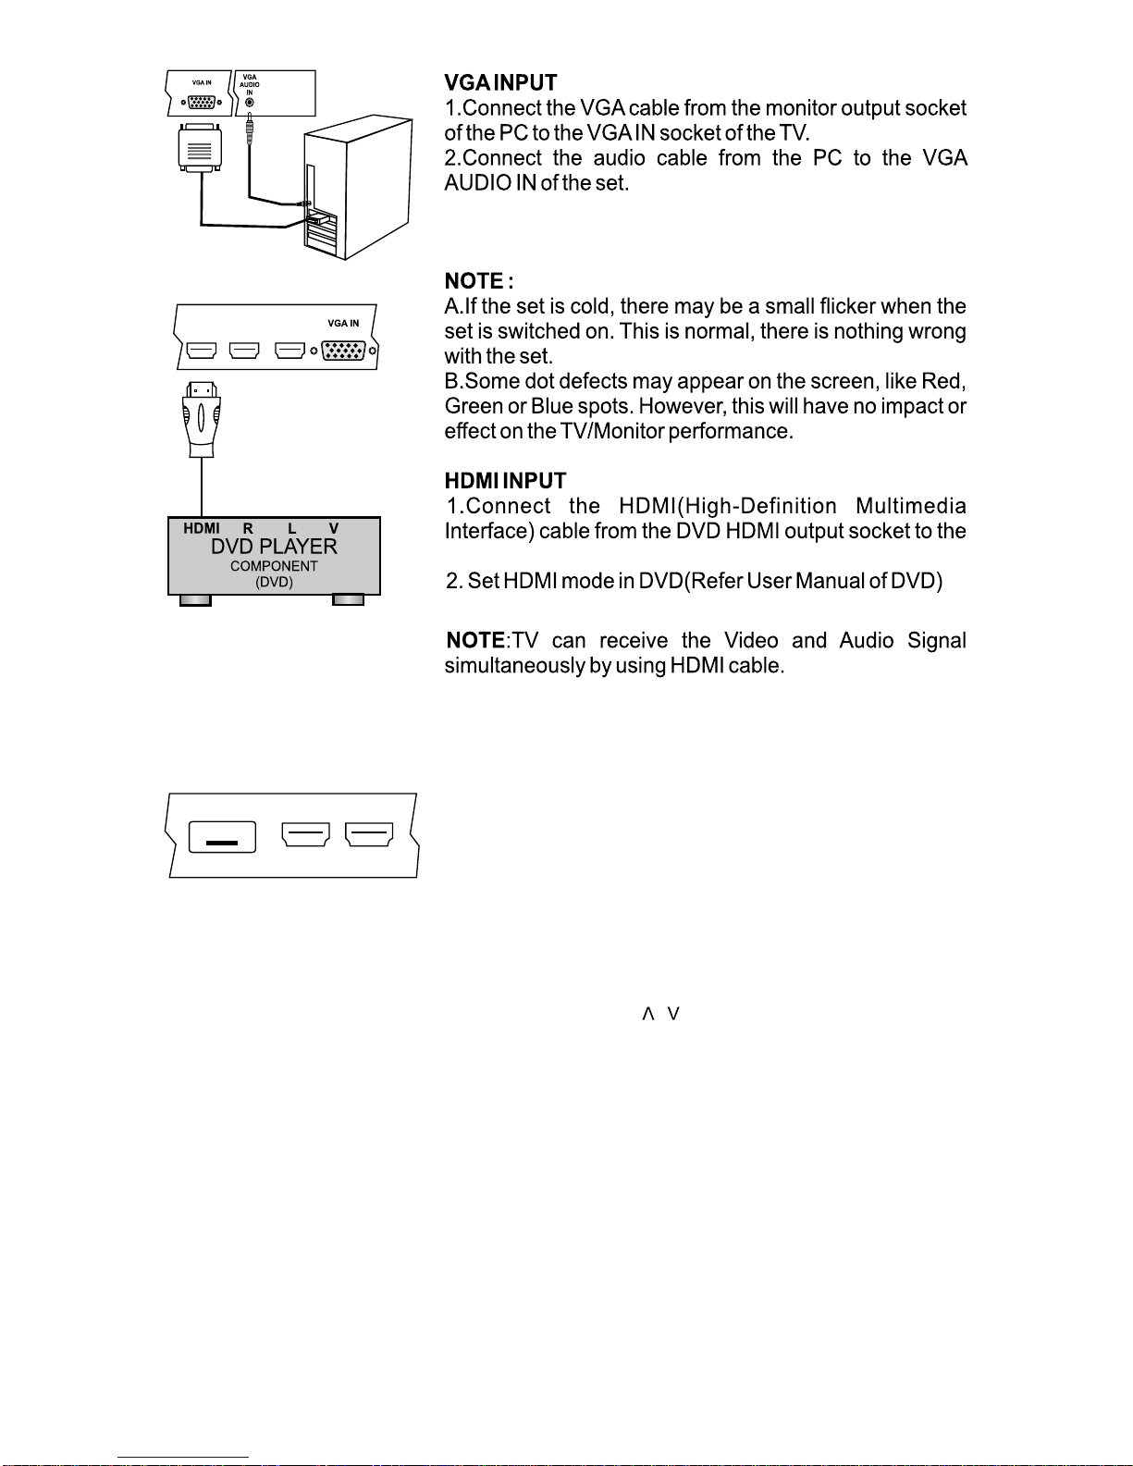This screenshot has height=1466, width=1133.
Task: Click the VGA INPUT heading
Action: tap(500, 83)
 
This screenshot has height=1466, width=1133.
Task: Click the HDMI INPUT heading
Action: tap(505, 481)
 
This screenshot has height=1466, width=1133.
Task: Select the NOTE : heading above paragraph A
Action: tap(478, 281)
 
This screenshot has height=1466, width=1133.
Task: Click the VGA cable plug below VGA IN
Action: tap(200, 148)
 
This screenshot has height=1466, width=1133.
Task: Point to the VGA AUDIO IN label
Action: tap(250, 85)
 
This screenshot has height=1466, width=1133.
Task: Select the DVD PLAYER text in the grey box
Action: tap(274, 547)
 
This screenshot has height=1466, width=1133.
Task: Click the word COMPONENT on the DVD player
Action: tap(274, 566)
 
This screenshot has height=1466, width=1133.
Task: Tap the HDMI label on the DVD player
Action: tap(202, 529)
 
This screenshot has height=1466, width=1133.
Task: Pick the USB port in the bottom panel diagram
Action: tap(222, 836)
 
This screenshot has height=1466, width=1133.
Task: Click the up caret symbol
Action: tap(648, 1015)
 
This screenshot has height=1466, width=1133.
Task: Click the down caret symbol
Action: tap(673, 1015)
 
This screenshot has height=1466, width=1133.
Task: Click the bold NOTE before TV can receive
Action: tap(475, 641)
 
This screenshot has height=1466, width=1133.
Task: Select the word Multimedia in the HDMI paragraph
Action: tap(911, 507)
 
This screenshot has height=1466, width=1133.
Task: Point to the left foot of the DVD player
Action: tap(195, 600)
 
